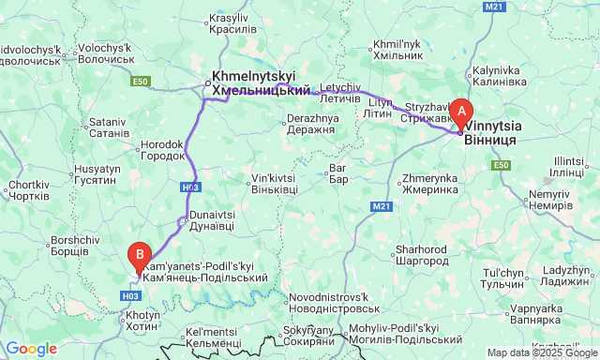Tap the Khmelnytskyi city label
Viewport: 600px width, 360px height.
tap(262, 83)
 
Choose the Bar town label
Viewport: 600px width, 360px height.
tap(338, 174)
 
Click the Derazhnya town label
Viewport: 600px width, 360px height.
tap(310, 125)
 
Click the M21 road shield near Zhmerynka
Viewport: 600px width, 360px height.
tap(381, 205)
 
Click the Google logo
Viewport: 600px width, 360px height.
tap(30, 349)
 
